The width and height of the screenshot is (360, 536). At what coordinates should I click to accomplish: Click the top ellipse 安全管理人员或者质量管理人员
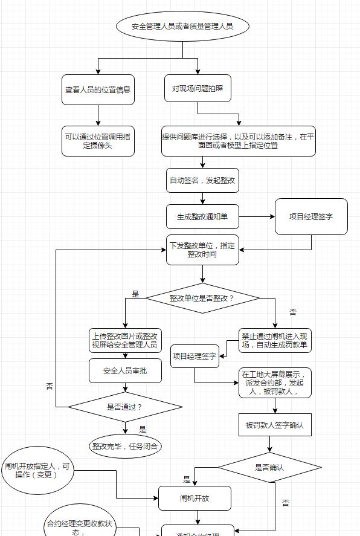182,27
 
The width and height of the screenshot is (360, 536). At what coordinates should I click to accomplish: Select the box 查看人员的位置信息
98,89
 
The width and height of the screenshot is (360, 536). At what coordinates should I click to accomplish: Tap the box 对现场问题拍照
198,88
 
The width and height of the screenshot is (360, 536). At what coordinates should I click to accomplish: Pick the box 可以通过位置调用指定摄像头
98,141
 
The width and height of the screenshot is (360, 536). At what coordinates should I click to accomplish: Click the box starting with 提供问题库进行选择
238,141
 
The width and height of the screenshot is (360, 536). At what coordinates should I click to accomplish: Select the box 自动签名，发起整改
202,180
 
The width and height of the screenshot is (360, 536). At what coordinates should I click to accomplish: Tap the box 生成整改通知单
202,216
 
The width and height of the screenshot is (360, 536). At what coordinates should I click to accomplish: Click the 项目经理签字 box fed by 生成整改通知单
311,216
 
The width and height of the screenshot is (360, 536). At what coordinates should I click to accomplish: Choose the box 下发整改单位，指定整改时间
202,250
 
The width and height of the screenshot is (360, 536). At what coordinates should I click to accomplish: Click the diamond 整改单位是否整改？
202,298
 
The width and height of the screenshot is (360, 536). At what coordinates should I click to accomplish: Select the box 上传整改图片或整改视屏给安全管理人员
125,341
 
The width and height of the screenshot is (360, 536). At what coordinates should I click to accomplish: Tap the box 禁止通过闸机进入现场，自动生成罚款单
275,341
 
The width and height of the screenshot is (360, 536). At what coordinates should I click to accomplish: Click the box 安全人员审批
125,370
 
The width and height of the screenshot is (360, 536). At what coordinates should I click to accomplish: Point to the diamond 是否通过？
125,407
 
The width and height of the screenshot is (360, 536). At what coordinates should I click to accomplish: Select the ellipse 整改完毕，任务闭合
126,447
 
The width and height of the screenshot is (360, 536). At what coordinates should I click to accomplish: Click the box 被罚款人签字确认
275,425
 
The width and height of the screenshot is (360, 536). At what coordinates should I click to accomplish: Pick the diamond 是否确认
269,467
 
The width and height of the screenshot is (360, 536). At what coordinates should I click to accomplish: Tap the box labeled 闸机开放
194,498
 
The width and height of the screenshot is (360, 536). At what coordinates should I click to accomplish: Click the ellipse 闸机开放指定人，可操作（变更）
38,470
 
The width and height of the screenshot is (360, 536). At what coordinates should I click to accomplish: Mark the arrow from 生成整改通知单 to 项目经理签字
257,216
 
